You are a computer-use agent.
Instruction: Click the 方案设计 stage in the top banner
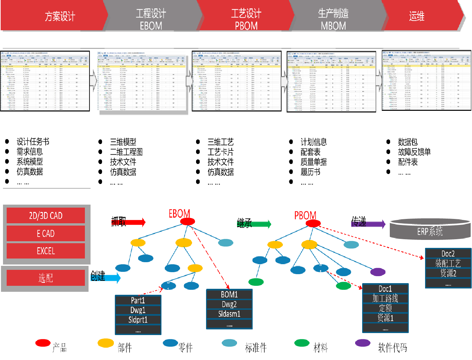click(60, 16)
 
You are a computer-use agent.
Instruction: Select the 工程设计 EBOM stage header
click(151, 19)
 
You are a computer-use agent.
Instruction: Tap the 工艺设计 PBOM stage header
click(246, 19)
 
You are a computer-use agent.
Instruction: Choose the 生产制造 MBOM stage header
click(333, 19)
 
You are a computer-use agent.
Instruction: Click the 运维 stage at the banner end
click(416, 16)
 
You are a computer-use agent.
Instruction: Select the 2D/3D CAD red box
click(46, 216)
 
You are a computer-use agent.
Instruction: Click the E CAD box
click(46, 234)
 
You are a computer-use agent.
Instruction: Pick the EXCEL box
click(46, 251)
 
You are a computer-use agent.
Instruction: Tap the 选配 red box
click(46, 278)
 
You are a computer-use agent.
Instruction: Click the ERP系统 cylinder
click(430, 231)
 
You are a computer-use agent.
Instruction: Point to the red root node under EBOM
click(187, 222)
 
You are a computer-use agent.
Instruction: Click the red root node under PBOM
click(313, 223)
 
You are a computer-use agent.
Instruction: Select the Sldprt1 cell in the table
click(138, 320)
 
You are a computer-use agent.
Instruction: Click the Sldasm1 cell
click(229, 314)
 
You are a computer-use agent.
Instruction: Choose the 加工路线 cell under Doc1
click(385, 298)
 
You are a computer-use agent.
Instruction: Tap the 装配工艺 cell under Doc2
click(448, 264)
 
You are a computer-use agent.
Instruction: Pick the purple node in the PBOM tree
click(377, 272)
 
